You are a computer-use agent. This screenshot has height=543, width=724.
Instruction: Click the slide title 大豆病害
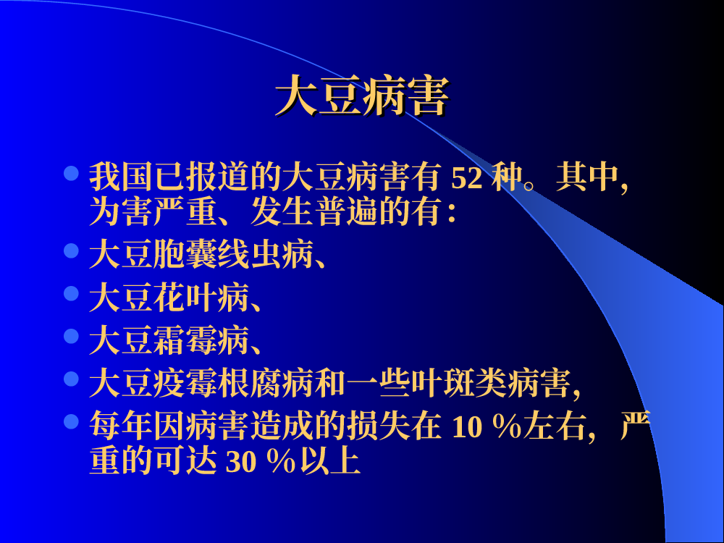tap(362, 96)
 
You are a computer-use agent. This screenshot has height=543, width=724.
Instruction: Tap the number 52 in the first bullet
tap(467, 178)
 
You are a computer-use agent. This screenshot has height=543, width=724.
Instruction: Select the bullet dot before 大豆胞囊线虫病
tap(71, 251)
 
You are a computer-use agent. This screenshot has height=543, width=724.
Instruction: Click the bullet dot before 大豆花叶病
tap(71, 294)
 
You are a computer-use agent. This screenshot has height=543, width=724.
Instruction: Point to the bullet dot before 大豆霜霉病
tap(71, 336)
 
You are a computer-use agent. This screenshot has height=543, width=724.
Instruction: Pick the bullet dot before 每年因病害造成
tap(71, 421)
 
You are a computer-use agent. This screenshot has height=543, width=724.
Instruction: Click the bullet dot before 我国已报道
tap(71, 174)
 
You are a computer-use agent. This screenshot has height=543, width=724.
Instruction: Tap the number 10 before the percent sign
tap(467, 426)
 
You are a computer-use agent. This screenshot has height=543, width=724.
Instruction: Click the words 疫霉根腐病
tap(233, 383)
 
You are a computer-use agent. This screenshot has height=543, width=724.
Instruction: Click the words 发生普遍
tap(314, 213)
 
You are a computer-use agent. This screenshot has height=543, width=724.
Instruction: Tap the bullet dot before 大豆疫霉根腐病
tap(71, 379)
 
